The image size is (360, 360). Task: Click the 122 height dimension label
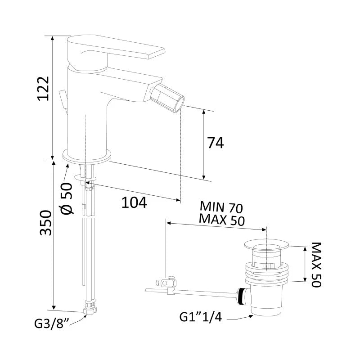(x=43, y=88)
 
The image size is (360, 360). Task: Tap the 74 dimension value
(x=216, y=143)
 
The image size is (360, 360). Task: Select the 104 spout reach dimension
(x=134, y=202)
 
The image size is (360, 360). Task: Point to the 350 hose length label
(x=45, y=222)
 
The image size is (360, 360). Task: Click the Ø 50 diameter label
(x=67, y=198)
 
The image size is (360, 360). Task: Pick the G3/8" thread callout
(x=52, y=324)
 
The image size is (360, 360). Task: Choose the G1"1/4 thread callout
(x=200, y=317)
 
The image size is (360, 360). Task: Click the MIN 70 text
(x=221, y=207)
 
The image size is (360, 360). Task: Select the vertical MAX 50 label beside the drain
(x=316, y=265)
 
